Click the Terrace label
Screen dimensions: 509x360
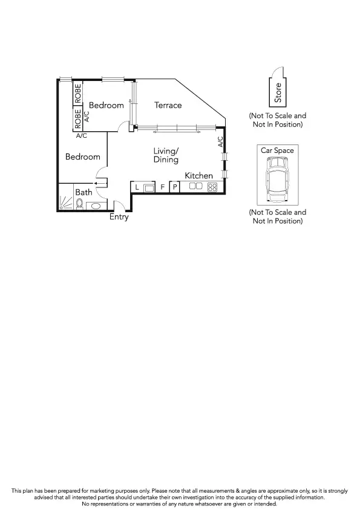click(x=168, y=105)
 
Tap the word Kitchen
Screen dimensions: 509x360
click(x=198, y=175)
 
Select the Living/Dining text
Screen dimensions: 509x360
click(x=166, y=155)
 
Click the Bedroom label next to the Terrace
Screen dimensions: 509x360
click(x=106, y=105)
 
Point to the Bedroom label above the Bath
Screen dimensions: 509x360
click(x=82, y=157)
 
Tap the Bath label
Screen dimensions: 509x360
click(x=83, y=192)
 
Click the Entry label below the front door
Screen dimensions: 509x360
click(x=119, y=217)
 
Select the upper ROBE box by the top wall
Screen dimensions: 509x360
click(x=77, y=93)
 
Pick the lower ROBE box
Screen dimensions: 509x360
click(x=77, y=118)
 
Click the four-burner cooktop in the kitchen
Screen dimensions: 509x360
click(x=212, y=187)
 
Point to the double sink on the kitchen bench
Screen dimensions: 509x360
click(x=195, y=187)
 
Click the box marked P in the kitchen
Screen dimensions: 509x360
click(x=174, y=187)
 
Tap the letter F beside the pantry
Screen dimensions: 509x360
click(x=162, y=187)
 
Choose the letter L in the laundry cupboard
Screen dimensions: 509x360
click(x=137, y=187)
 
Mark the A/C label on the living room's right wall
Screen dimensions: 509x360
click(x=220, y=142)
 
